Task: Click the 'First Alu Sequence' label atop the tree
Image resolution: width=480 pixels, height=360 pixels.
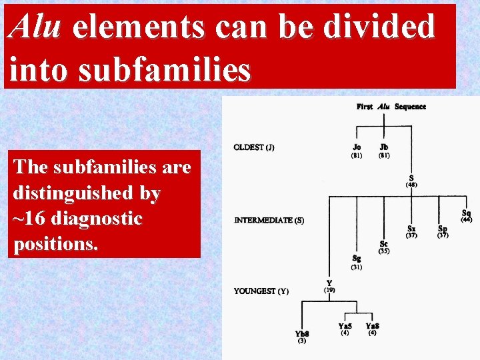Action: [391, 107]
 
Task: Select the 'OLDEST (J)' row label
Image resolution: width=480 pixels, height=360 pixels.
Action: [253, 147]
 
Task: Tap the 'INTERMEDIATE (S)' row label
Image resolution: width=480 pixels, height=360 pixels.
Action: [269, 220]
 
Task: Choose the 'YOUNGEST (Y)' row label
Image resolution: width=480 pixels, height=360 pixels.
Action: [261, 291]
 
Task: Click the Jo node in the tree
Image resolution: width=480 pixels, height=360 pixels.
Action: [357, 147]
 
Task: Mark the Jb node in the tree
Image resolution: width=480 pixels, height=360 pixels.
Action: [384, 147]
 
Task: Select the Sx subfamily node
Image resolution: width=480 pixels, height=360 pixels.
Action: [411, 229]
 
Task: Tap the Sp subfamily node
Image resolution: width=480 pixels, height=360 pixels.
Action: [442, 229]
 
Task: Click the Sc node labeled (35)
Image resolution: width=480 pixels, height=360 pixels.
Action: [383, 244]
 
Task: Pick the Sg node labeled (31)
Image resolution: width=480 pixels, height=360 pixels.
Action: [357, 259]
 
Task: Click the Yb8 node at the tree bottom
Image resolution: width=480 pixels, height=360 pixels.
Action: [301, 333]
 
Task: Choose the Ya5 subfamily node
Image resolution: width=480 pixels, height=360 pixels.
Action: [345, 326]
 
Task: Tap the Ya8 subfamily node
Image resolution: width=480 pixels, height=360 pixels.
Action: [372, 326]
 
